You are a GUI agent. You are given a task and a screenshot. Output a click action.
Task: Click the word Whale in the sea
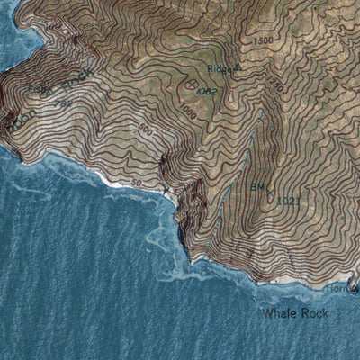pyautogui.click(x=276, y=313)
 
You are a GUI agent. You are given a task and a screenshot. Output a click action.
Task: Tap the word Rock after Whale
pyautogui.click(x=311, y=313)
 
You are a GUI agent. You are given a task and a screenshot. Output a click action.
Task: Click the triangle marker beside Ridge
pyautogui.click(x=239, y=67)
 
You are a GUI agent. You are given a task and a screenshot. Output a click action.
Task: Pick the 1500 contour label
pyautogui.click(x=263, y=41)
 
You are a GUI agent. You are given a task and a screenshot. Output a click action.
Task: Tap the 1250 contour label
pyautogui.click(x=274, y=85)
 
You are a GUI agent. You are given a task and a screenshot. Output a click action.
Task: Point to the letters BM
pyautogui.click(x=256, y=187)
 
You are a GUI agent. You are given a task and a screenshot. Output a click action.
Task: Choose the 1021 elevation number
pyautogui.click(x=288, y=200)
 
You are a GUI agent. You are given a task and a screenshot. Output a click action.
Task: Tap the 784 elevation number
pyautogui.click(x=63, y=103)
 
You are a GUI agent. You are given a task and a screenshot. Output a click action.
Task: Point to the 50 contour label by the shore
pyautogui.click(x=138, y=183)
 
